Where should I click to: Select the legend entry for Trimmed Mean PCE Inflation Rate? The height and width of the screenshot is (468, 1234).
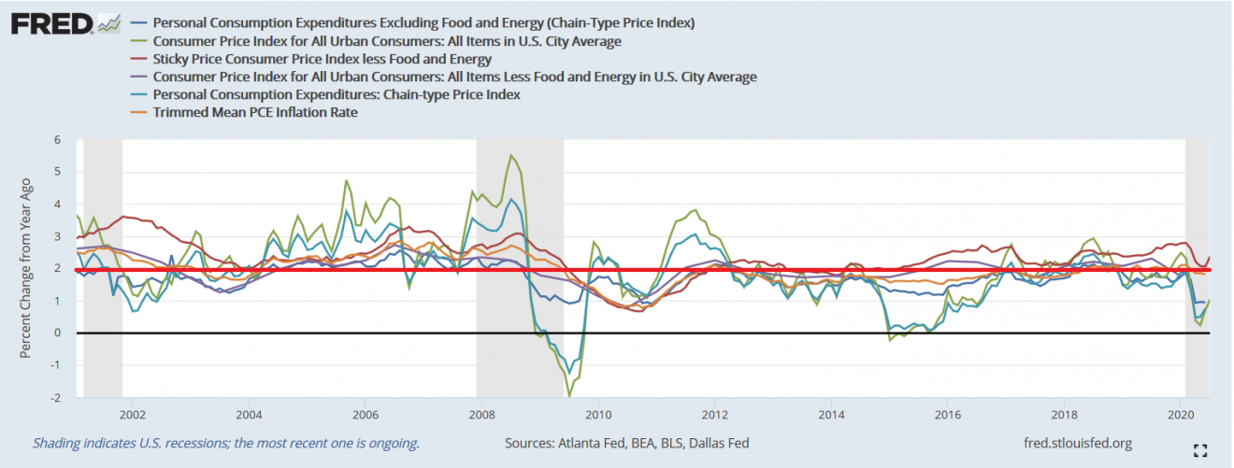[x=255, y=112]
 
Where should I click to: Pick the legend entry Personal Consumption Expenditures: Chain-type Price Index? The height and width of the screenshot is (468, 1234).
[x=337, y=94]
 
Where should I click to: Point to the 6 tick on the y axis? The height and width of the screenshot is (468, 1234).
[x=57, y=140]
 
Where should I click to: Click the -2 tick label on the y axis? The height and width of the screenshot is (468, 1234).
[x=55, y=398]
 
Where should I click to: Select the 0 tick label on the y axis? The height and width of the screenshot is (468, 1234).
[x=57, y=333]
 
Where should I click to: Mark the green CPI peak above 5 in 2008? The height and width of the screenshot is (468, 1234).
[x=510, y=155]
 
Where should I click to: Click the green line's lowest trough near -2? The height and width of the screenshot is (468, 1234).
[x=569, y=397]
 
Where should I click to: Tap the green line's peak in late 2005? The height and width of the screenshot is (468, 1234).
[x=347, y=180]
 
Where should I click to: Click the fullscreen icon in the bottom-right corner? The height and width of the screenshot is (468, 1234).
[x=1202, y=450]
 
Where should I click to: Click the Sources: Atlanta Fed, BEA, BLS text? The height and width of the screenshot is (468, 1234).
[x=626, y=443]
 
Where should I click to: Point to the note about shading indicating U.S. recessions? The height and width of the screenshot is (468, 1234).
[x=226, y=443]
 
